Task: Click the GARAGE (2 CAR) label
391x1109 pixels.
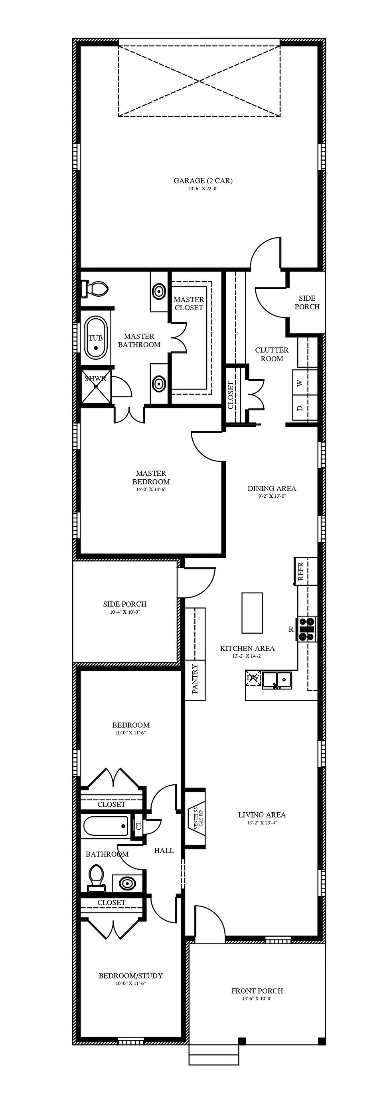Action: click(x=203, y=181)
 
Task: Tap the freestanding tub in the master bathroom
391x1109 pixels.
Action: click(x=96, y=338)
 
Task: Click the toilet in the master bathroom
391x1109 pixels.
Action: click(x=94, y=288)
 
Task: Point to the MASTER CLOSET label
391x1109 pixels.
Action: click(x=189, y=303)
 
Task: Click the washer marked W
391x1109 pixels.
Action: click(x=304, y=383)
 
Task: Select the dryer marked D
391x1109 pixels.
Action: click(x=304, y=408)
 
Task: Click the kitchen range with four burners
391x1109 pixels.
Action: click(x=307, y=629)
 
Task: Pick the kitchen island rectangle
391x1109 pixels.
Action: click(x=252, y=613)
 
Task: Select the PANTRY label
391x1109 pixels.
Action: click(x=195, y=679)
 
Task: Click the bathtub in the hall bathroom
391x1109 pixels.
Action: click(x=105, y=826)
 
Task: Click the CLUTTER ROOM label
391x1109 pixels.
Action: click(x=272, y=354)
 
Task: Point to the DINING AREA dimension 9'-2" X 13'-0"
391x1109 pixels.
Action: click(x=272, y=496)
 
